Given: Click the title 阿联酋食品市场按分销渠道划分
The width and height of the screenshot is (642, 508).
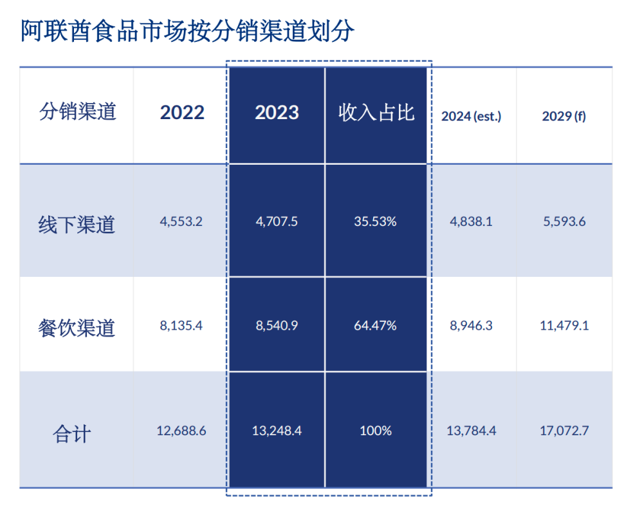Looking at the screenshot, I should pyautogui.click(x=187, y=30).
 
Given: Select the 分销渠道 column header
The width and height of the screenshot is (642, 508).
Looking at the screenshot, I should pyautogui.click(x=77, y=112).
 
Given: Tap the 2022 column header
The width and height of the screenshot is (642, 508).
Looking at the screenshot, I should pyautogui.click(x=182, y=113).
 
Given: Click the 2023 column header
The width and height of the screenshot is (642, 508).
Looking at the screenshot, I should pyautogui.click(x=277, y=113).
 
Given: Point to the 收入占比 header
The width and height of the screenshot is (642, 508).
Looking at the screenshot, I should pyautogui.click(x=376, y=113).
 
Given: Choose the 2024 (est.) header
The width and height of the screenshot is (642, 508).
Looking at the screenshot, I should pyautogui.click(x=471, y=117).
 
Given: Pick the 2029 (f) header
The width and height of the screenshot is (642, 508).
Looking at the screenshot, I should pyautogui.click(x=564, y=117).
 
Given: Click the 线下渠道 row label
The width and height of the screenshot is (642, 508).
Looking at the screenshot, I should pyautogui.click(x=77, y=225).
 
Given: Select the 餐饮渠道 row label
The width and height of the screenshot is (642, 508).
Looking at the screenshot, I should pyautogui.click(x=77, y=328).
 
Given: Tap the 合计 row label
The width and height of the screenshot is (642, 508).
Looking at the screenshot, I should pyautogui.click(x=71, y=433).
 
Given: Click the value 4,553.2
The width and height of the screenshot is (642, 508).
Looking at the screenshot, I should pyautogui.click(x=181, y=221).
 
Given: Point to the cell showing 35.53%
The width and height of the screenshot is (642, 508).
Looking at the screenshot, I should pyautogui.click(x=375, y=221).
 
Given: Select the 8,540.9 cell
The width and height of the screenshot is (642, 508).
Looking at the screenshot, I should pyautogui.click(x=277, y=325).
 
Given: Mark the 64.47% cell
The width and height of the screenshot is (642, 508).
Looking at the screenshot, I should pyautogui.click(x=375, y=325).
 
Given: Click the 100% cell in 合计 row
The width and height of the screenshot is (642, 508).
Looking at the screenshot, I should pyautogui.click(x=376, y=431).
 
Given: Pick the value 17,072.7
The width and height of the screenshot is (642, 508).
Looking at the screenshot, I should pyautogui.click(x=564, y=431).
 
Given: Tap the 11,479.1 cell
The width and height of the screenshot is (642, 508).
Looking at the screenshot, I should pyautogui.click(x=564, y=325).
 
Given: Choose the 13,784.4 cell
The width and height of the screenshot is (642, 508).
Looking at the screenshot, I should pyautogui.click(x=471, y=431).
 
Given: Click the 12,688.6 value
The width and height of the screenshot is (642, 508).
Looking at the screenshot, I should pyautogui.click(x=181, y=431).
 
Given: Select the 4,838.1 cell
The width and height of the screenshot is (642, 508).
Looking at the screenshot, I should pyautogui.click(x=471, y=221).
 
